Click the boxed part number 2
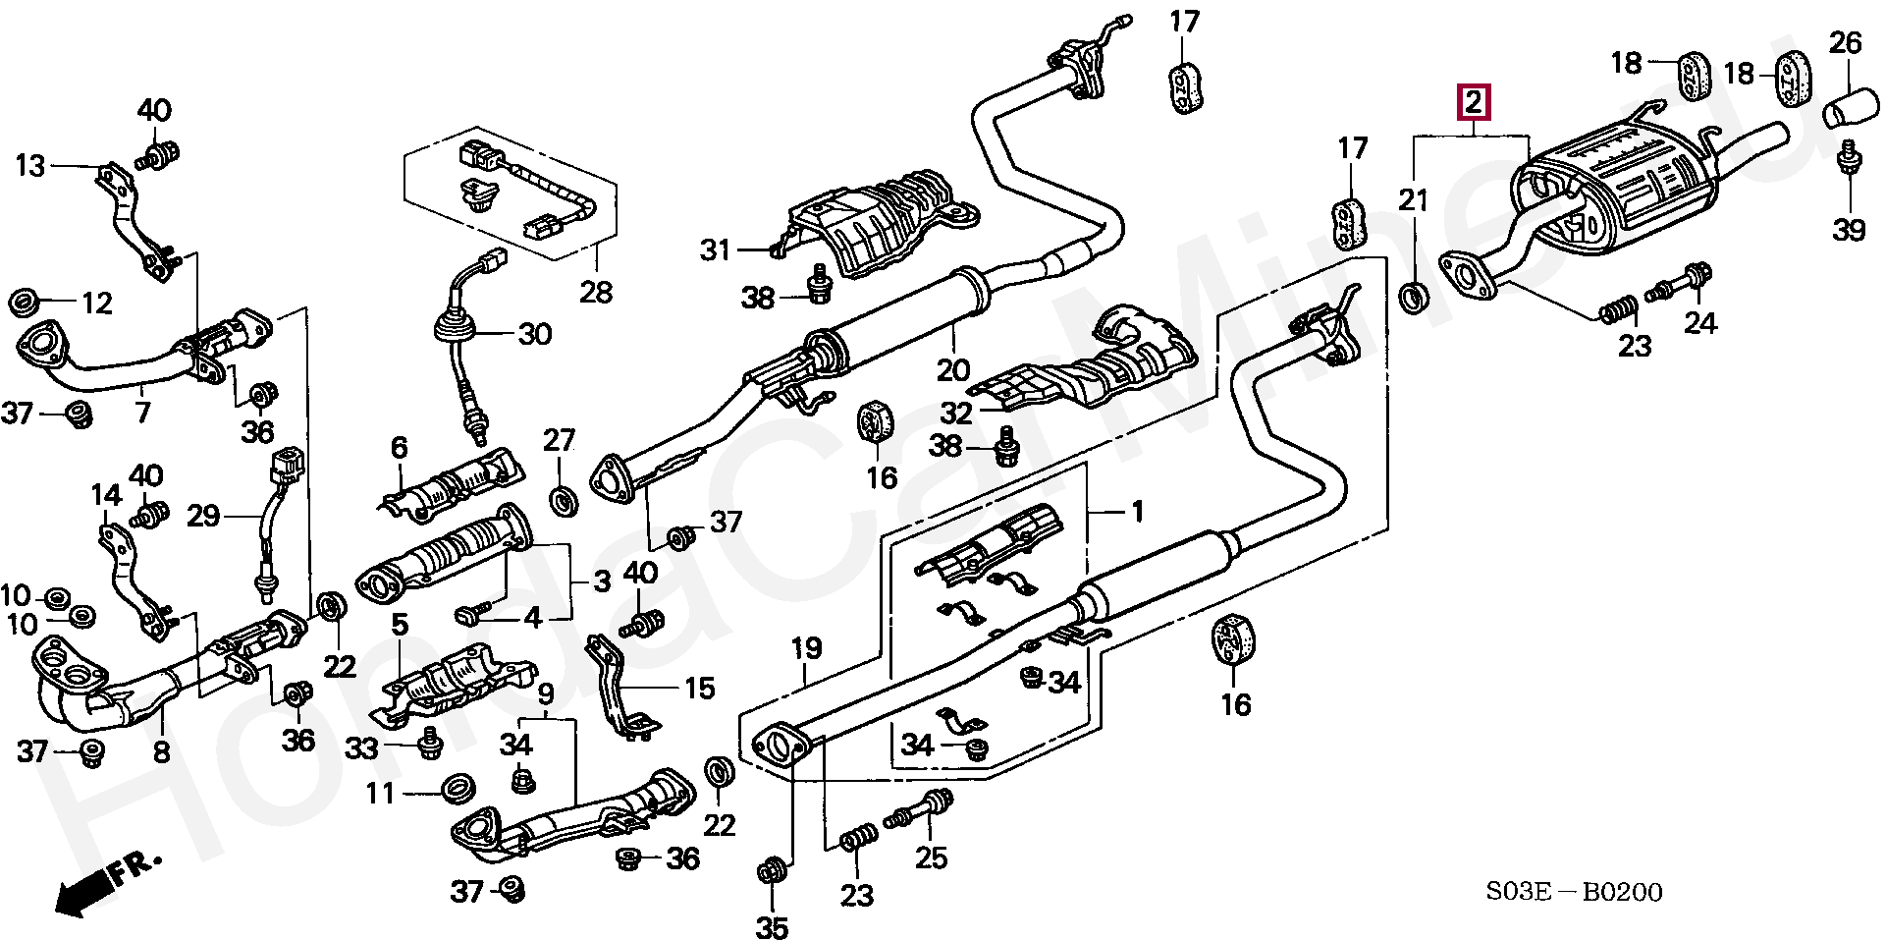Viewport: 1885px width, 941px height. [x=1474, y=101]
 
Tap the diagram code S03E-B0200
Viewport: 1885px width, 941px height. [x=1574, y=892]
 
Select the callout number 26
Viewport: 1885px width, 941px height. [x=1846, y=43]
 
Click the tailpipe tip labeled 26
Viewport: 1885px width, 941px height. [x=1849, y=107]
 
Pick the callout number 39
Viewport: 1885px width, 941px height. [x=1849, y=230]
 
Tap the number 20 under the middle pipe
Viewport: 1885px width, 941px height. [x=952, y=370]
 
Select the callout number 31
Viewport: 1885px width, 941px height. [x=715, y=250]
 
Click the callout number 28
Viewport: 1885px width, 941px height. [x=596, y=292]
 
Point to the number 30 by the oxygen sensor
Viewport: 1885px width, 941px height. [x=534, y=334]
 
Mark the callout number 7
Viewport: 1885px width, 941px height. [x=143, y=412]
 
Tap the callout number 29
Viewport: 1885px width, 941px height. [x=203, y=516]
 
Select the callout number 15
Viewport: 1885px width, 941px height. [x=699, y=688]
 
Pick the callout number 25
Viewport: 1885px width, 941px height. [x=931, y=858]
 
